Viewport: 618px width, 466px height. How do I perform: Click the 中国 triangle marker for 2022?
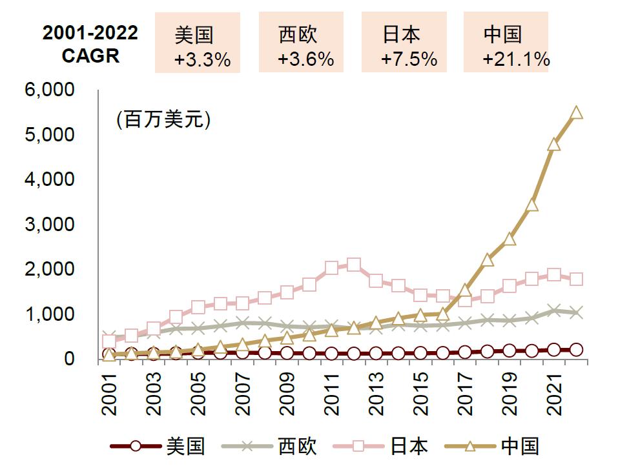576,113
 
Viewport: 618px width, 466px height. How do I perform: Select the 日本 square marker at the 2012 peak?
353,265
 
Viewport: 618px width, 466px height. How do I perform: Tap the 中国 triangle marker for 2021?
553,145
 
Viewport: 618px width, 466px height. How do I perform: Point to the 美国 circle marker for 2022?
576,349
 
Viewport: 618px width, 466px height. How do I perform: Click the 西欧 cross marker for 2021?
553,310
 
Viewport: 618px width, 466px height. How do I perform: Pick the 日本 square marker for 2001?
109,341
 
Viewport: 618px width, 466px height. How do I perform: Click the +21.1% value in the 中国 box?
516,60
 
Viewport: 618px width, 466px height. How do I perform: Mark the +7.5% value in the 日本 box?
409,60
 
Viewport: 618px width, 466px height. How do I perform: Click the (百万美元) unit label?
163,120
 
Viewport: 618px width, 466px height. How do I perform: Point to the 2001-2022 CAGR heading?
90,44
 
